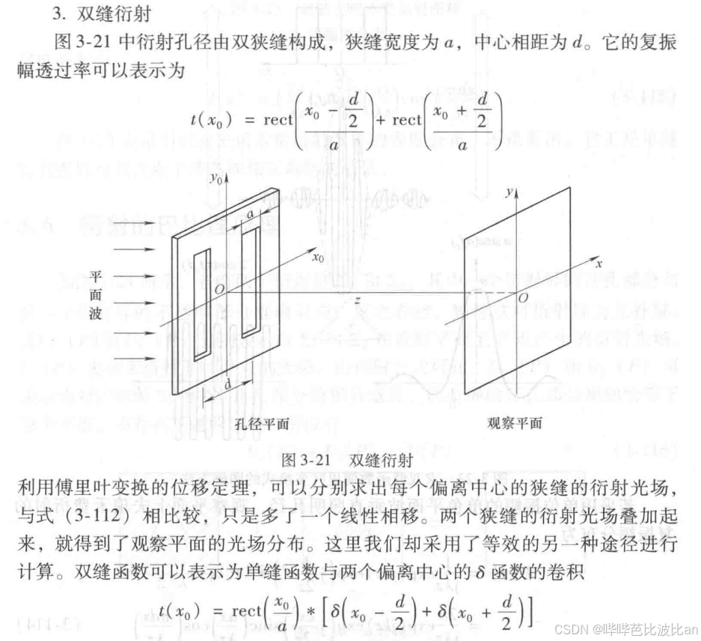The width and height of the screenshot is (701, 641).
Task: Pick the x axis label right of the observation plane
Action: point(599,264)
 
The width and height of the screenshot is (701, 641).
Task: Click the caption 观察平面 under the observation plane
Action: point(513,423)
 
